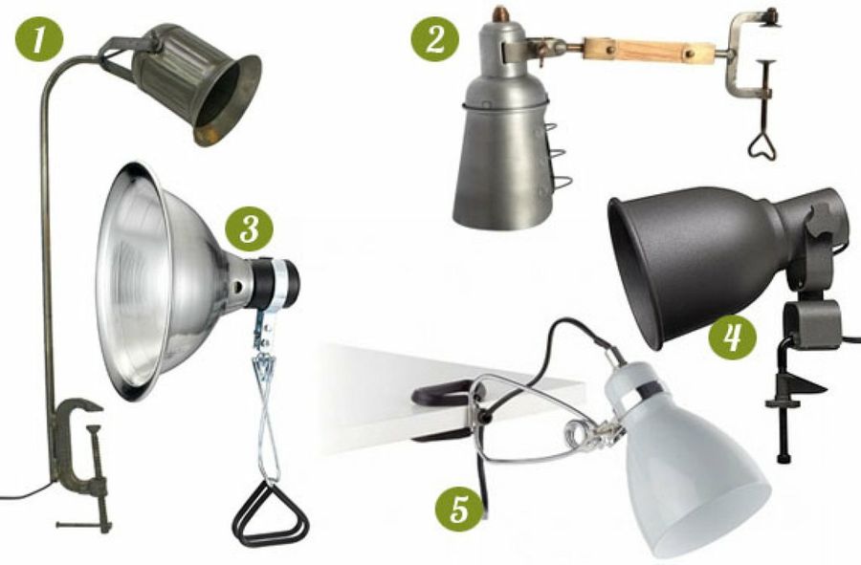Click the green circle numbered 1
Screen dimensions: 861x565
[x=39, y=38]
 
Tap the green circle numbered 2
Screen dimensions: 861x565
[x=435, y=38]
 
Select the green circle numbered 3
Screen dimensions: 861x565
[x=250, y=228]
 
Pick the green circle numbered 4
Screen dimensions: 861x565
[x=732, y=337]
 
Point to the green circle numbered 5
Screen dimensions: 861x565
[x=459, y=508]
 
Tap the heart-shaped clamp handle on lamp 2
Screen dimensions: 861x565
[x=763, y=143]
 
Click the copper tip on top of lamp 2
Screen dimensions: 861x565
[x=499, y=13]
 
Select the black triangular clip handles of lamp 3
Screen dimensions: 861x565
[x=270, y=514]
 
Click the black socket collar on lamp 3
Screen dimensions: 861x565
[x=277, y=284]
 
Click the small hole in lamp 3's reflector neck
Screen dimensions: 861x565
[x=238, y=287]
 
